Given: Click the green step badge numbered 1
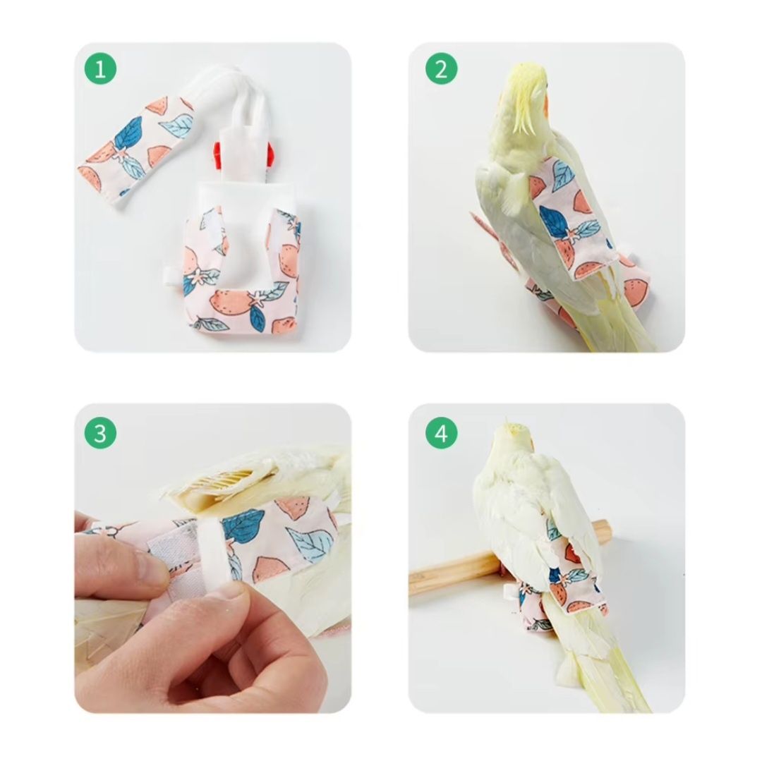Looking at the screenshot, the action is [x=100, y=68].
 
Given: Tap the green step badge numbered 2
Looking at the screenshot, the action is [x=441, y=68].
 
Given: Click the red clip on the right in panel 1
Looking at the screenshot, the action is [x=270, y=154].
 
